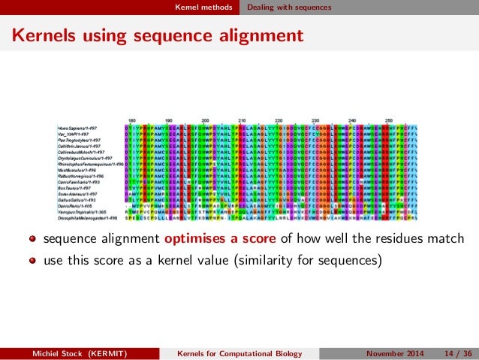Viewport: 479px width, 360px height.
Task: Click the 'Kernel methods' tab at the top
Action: (x=199, y=8)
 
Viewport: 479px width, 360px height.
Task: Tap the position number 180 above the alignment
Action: (x=131, y=120)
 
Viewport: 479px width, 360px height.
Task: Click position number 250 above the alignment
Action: (x=389, y=120)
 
